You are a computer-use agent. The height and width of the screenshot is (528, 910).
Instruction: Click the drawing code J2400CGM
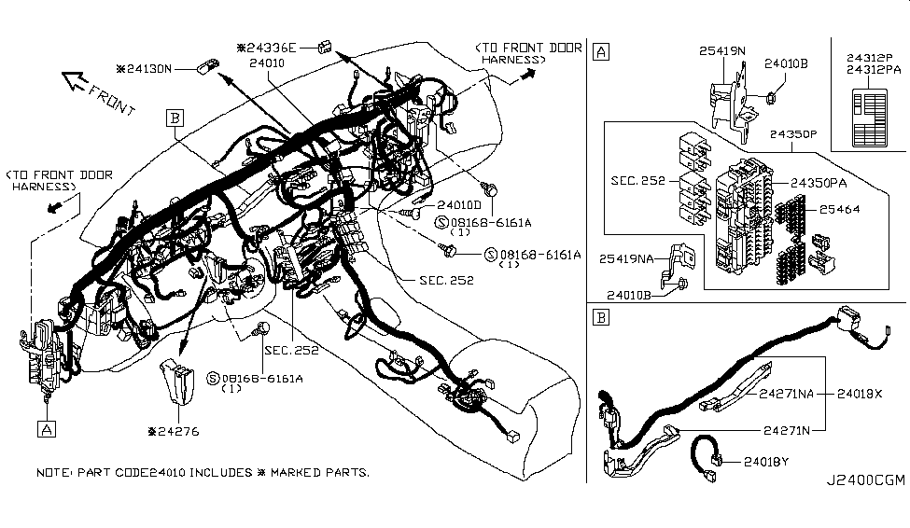(864, 481)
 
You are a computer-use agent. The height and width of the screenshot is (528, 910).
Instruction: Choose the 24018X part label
(859, 394)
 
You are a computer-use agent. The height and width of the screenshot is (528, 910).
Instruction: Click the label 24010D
(458, 203)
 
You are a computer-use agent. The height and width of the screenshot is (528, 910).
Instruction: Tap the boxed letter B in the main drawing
(175, 118)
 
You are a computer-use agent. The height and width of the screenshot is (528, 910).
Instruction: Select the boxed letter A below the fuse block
(45, 428)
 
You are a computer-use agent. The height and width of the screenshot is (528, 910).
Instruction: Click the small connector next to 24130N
(207, 67)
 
